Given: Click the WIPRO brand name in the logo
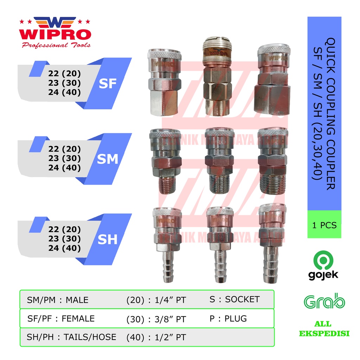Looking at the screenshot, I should point(55,34).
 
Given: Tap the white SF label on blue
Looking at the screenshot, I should point(107,84).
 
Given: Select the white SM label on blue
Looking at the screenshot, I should point(107,159).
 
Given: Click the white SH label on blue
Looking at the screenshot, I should point(107,239).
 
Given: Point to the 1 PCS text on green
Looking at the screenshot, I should point(324,225).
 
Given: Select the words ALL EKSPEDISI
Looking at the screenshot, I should point(324,329).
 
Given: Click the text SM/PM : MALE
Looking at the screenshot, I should point(58,300).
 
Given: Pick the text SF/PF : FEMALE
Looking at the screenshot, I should point(61,319).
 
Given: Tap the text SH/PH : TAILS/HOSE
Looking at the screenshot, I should point(71,337).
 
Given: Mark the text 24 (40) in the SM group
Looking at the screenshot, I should point(65,168).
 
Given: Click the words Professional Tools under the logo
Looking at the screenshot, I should point(56,45).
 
